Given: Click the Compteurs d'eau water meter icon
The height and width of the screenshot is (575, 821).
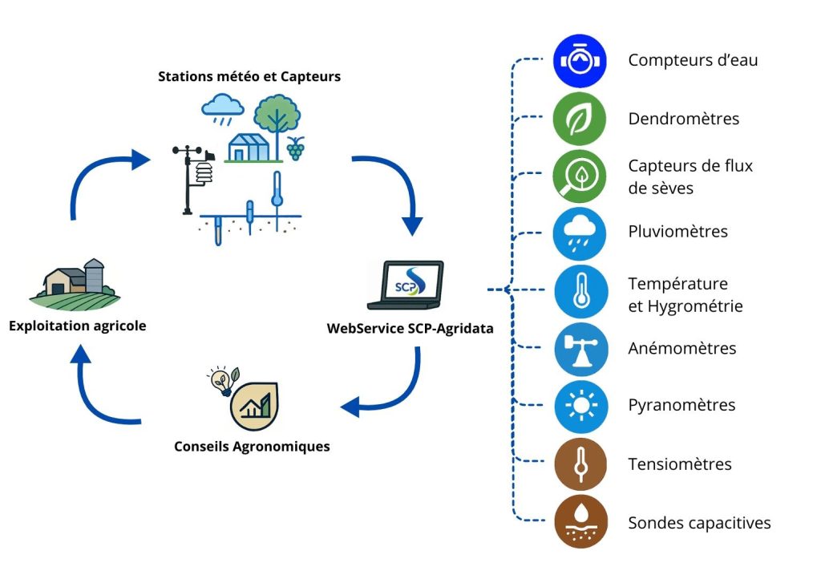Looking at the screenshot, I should tap(579, 60).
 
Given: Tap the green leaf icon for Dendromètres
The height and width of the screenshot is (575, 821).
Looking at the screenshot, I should tap(579, 119).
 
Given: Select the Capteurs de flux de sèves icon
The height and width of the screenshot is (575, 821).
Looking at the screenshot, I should tap(579, 176).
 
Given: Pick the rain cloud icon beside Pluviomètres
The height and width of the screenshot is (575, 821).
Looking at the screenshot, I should tap(579, 233).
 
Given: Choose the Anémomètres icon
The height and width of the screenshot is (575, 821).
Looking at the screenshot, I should tap(579, 349).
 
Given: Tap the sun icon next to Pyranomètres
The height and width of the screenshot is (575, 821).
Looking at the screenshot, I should tap(579, 406).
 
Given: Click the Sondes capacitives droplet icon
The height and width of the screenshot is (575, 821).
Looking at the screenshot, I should tap(579, 522).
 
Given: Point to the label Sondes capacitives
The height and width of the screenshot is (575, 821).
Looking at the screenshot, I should tap(699, 523).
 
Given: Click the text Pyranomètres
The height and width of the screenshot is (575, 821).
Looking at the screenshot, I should tap(681, 405).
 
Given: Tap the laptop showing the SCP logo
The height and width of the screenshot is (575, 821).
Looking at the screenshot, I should tap(406, 285).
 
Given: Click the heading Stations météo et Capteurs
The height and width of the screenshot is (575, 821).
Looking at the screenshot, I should tap(249, 77).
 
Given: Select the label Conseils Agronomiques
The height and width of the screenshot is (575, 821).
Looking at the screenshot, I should tap(252, 447).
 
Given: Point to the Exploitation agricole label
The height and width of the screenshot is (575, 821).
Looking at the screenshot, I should tap(78, 326).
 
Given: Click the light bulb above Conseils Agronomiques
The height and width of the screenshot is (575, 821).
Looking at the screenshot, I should tap(217, 379).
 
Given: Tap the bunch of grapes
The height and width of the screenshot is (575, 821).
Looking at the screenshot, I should tap(296, 148).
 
